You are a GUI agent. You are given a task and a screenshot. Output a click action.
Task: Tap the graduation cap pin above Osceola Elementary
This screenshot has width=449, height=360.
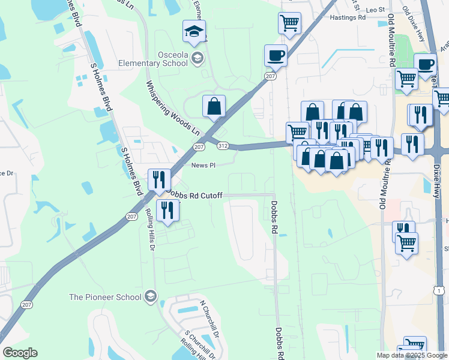point(194,32)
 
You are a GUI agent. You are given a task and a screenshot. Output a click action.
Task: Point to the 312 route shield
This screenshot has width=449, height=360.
point(223,145)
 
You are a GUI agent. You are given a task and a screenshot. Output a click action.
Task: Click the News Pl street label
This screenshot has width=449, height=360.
point(203,166)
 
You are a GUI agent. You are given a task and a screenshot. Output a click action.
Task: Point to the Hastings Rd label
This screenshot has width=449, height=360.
point(348,18)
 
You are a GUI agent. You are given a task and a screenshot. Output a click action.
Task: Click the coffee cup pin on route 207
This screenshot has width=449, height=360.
point(276,56)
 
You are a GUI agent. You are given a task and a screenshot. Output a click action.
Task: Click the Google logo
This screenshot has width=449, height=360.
point(20,353)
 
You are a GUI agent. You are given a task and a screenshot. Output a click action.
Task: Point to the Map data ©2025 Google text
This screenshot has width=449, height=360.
point(411,355)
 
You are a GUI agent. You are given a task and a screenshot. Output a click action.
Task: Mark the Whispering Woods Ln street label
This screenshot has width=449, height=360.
point(173,106)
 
